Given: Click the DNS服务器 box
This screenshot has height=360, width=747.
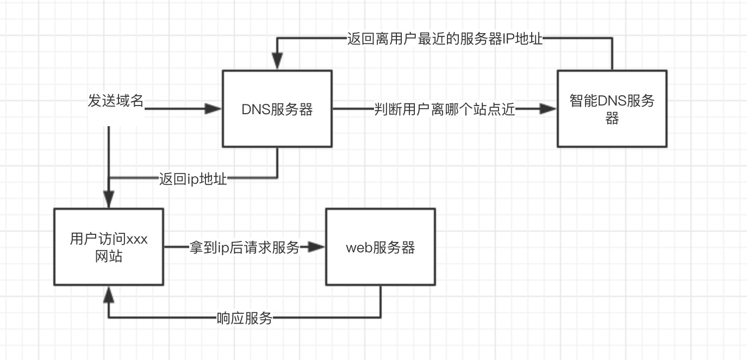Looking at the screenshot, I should click(277, 109).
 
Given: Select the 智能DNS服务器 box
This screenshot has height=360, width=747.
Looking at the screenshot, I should click(612, 109).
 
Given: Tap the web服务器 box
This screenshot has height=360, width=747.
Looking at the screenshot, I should click(380, 247).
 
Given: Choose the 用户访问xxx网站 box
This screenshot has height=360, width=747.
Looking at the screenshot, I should click(109, 246).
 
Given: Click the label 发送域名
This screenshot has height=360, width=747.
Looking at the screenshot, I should click(116, 101).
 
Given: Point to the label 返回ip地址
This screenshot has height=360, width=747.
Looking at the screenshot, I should click(193, 179).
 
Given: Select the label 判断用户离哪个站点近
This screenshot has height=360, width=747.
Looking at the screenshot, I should click(444, 109).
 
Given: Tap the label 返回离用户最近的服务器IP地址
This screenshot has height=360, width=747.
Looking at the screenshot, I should click(445, 39).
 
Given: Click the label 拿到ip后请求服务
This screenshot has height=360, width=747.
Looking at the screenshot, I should click(244, 248).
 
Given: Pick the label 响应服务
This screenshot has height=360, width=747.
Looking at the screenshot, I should click(244, 318).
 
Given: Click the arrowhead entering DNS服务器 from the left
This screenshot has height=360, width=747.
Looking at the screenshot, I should click(214, 109).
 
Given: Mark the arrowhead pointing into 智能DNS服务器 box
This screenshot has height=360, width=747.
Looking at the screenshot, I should click(549, 109).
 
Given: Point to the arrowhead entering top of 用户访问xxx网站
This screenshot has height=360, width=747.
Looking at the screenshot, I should click(109, 200).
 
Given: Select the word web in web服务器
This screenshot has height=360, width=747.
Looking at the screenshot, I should click(359, 248).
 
